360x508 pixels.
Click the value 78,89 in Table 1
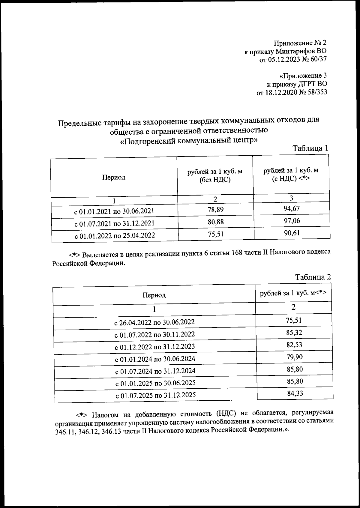click(x=215, y=209)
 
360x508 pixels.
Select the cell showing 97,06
click(x=292, y=221)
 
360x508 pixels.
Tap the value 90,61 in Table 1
click(x=292, y=233)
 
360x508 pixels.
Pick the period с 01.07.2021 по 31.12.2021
click(x=114, y=223)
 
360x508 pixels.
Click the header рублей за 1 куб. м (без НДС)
click(x=215, y=176)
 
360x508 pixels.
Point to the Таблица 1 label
click(x=310, y=148)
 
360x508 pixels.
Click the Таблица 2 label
click(x=313, y=277)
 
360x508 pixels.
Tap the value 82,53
click(x=294, y=345)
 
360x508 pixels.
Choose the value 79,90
click(x=294, y=357)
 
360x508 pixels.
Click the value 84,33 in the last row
click(x=295, y=393)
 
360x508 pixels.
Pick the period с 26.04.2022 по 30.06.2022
click(x=154, y=322)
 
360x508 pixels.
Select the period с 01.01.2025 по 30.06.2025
click(x=155, y=383)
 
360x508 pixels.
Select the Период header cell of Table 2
click(x=154, y=295)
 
